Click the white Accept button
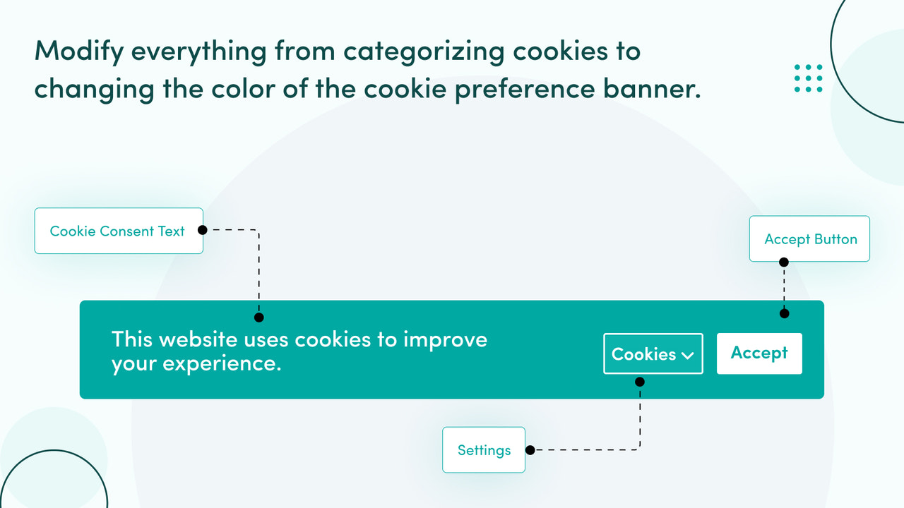coord(759,353)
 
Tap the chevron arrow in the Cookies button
coord(687,356)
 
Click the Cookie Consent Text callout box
coord(119,231)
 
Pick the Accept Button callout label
coord(809,239)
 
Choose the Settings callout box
coord(484,450)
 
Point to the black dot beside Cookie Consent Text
coord(202,230)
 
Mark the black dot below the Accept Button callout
coord(783,262)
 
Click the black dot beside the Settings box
coord(530,450)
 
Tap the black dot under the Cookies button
coord(640,382)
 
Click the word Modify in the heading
coord(78,52)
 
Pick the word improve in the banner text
coord(445,340)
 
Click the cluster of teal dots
coord(808,78)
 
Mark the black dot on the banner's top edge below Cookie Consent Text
coord(259,317)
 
